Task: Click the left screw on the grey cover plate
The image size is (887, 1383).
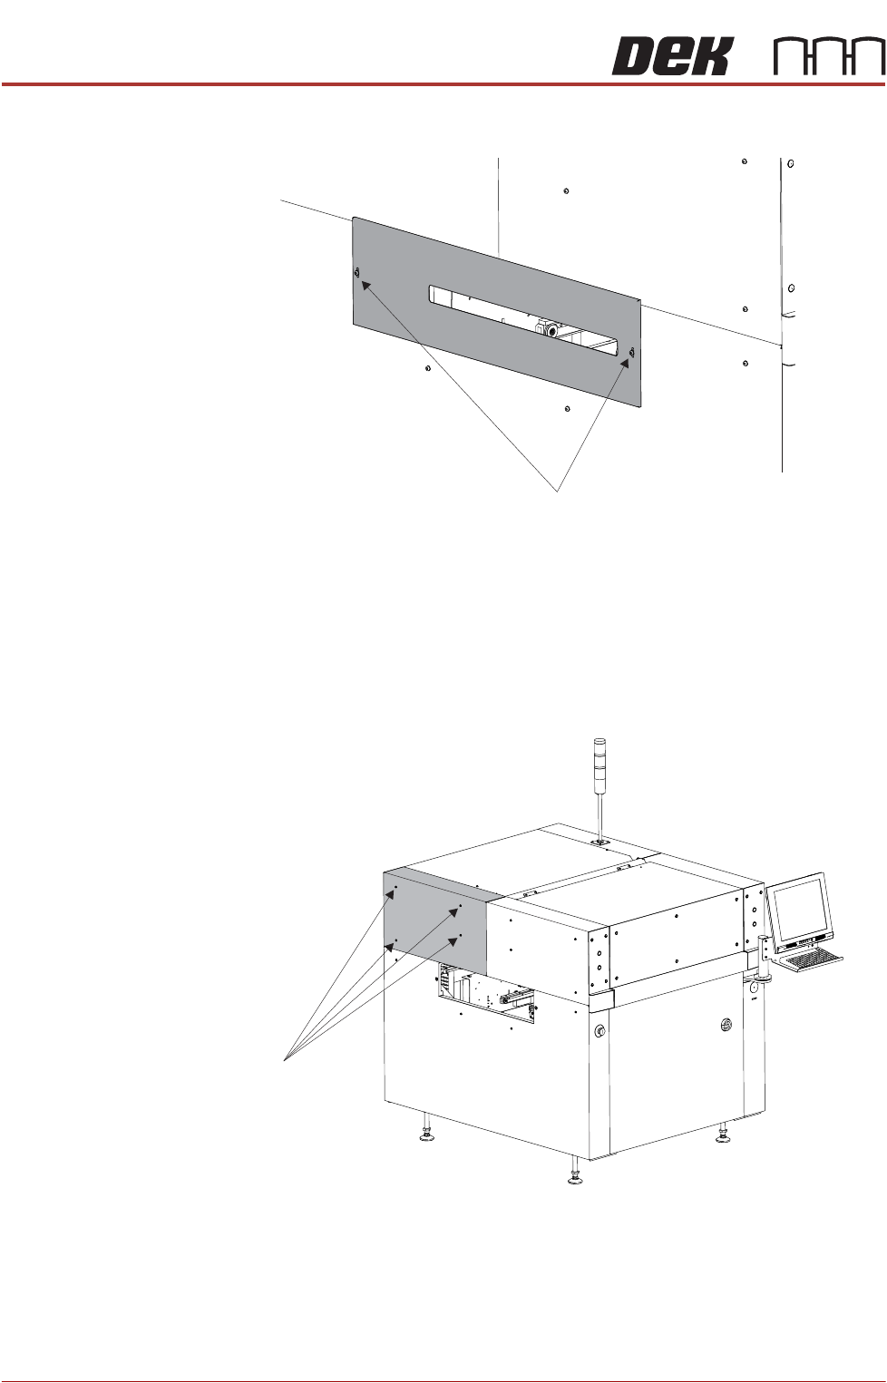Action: (x=356, y=272)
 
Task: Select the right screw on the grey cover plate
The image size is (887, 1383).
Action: (x=631, y=352)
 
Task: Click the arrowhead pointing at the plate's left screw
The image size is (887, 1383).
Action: (x=366, y=286)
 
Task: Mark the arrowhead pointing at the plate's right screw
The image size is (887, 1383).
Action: (x=626, y=362)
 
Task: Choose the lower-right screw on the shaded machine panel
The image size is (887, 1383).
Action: (x=461, y=935)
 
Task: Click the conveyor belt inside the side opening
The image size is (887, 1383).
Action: (x=516, y=995)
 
